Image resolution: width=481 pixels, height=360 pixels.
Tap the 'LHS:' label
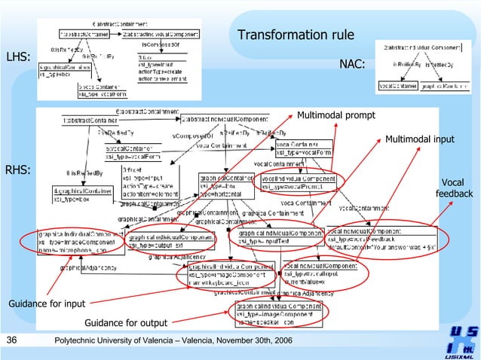(18, 57)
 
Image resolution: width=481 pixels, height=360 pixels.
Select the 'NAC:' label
(352, 65)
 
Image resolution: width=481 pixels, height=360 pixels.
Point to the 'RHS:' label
(18, 170)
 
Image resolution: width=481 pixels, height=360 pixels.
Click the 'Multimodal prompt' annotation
(335, 116)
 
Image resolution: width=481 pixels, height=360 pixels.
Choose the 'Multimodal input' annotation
(420, 139)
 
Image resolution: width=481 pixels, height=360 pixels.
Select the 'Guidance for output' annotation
(126, 323)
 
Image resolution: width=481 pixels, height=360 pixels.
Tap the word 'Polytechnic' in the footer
(79, 342)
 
